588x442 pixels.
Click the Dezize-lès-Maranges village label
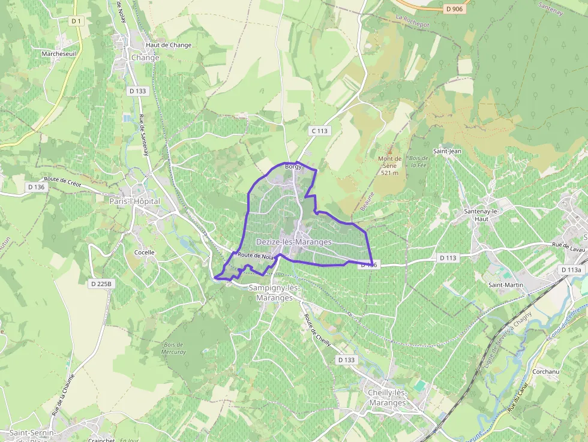[293, 242]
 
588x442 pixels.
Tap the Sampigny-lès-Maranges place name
[274, 293]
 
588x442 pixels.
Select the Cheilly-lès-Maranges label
[386, 398]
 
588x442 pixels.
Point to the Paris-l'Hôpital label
[134, 202]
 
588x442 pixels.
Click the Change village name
[145, 58]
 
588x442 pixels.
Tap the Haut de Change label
[169, 46]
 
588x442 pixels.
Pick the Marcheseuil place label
[59, 53]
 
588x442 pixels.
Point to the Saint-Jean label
[447, 151]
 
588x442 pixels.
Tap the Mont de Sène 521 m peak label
[389, 166]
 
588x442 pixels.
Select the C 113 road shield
[320, 131]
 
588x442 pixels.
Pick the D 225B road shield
[100, 283]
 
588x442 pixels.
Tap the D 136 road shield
[37, 187]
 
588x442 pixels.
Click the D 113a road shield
[571, 270]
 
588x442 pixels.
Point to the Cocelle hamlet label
[144, 252]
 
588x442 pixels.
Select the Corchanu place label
[545, 372]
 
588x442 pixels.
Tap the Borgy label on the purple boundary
[293, 167]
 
